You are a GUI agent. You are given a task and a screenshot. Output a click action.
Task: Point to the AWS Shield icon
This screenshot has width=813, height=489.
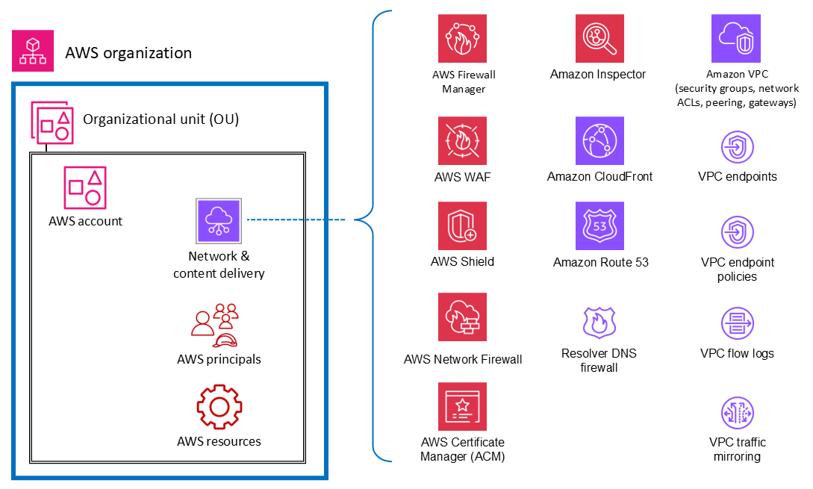pyautogui.click(x=462, y=226)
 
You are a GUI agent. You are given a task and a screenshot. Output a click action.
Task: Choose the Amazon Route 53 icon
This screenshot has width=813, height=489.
pyautogui.click(x=599, y=226)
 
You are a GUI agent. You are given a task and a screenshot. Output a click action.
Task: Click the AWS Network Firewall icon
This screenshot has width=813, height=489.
pyautogui.click(x=462, y=317)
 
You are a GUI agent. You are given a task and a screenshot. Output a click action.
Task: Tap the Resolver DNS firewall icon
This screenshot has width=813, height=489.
pyautogui.click(x=599, y=322)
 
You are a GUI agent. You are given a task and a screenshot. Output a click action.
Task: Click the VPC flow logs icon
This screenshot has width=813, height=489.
pyautogui.click(x=737, y=324)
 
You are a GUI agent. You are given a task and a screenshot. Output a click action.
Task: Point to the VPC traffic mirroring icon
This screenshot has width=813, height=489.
pyautogui.click(x=737, y=413)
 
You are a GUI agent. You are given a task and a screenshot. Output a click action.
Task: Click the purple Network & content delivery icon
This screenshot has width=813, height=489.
pyautogui.click(x=219, y=221)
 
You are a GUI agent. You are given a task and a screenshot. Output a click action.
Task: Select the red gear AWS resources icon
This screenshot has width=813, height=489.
pyautogui.click(x=219, y=407)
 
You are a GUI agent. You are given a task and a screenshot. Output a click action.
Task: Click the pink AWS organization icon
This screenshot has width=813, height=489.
pyautogui.click(x=33, y=52)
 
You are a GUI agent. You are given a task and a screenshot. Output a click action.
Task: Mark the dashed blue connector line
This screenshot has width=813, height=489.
pyautogui.click(x=296, y=220)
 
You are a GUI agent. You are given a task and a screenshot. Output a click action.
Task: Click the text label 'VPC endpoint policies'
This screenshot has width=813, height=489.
pyautogui.click(x=738, y=270)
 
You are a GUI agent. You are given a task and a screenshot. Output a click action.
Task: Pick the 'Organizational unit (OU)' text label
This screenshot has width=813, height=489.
pyautogui.click(x=161, y=119)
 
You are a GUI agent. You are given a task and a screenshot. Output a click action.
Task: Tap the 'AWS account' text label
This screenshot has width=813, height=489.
pyautogui.click(x=85, y=221)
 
